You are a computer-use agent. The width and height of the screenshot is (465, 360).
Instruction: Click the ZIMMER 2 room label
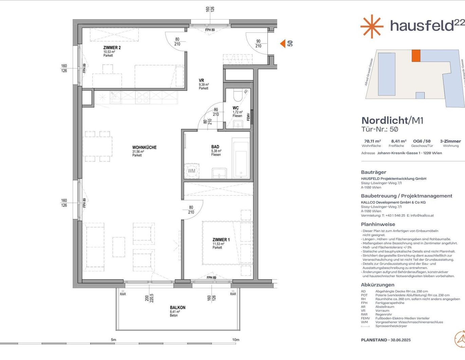point(112,48)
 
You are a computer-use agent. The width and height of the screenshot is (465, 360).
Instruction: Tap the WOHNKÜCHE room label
point(144,147)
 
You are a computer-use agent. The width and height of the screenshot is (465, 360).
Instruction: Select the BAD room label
point(215,147)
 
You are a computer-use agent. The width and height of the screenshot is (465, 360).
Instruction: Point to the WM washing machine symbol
point(191,171)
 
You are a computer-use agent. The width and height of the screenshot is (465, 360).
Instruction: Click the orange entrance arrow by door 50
point(282,43)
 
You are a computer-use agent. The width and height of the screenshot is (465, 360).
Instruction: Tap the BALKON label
point(178,307)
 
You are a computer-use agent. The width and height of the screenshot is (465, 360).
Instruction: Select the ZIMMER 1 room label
point(221,240)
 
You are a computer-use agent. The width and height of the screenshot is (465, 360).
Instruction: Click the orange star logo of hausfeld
point(372,26)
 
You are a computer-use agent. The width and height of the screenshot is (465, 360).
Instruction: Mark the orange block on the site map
point(416,56)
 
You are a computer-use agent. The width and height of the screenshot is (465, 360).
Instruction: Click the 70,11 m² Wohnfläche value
point(372,141)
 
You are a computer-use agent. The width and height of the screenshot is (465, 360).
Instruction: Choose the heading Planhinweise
point(378,224)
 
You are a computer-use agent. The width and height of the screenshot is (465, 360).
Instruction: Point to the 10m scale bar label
point(236,340)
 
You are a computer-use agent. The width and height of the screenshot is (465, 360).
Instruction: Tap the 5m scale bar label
point(113,340)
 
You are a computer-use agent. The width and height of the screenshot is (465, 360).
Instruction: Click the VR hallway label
point(201,80)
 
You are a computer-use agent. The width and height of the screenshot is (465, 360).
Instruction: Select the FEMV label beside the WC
point(248,117)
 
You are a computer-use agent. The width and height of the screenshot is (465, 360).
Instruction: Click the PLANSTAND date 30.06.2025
point(401,340)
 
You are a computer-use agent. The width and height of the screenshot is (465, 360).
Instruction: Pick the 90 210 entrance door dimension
point(258,43)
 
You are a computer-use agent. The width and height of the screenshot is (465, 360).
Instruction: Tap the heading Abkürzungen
point(377,285)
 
